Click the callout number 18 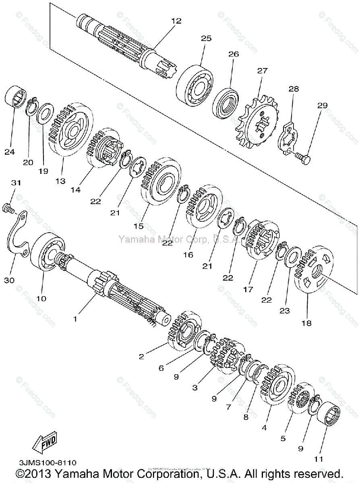306,323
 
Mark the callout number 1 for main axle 74,319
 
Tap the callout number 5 283,438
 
